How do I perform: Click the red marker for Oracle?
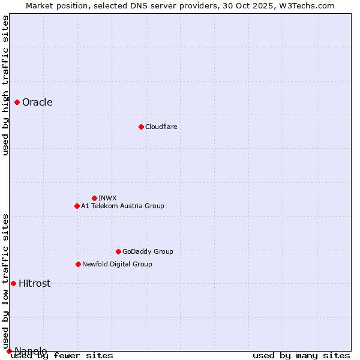[x=17, y=102]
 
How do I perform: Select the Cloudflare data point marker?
[x=141, y=127]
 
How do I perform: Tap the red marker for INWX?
[x=94, y=198]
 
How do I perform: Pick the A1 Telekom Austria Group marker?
[x=77, y=206]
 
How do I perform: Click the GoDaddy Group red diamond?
[x=118, y=251]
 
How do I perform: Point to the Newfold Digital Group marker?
[x=78, y=264]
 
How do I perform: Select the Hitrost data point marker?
[x=13, y=283]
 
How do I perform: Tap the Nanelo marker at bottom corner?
[x=9, y=351]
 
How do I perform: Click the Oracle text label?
[x=37, y=102]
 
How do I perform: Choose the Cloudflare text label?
[x=161, y=127]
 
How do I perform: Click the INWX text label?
[x=107, y=198]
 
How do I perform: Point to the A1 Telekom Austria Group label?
[x=122, y=206]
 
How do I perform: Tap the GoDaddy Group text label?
[x=148, y=251]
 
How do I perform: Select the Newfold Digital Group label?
[x=117, y=264]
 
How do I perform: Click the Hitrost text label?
[x=34, y=283]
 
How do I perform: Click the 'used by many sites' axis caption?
[x=301, y=356]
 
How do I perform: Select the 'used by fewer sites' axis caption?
[x=62, y=356]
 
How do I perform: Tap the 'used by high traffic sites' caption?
[x=5, y=85]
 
